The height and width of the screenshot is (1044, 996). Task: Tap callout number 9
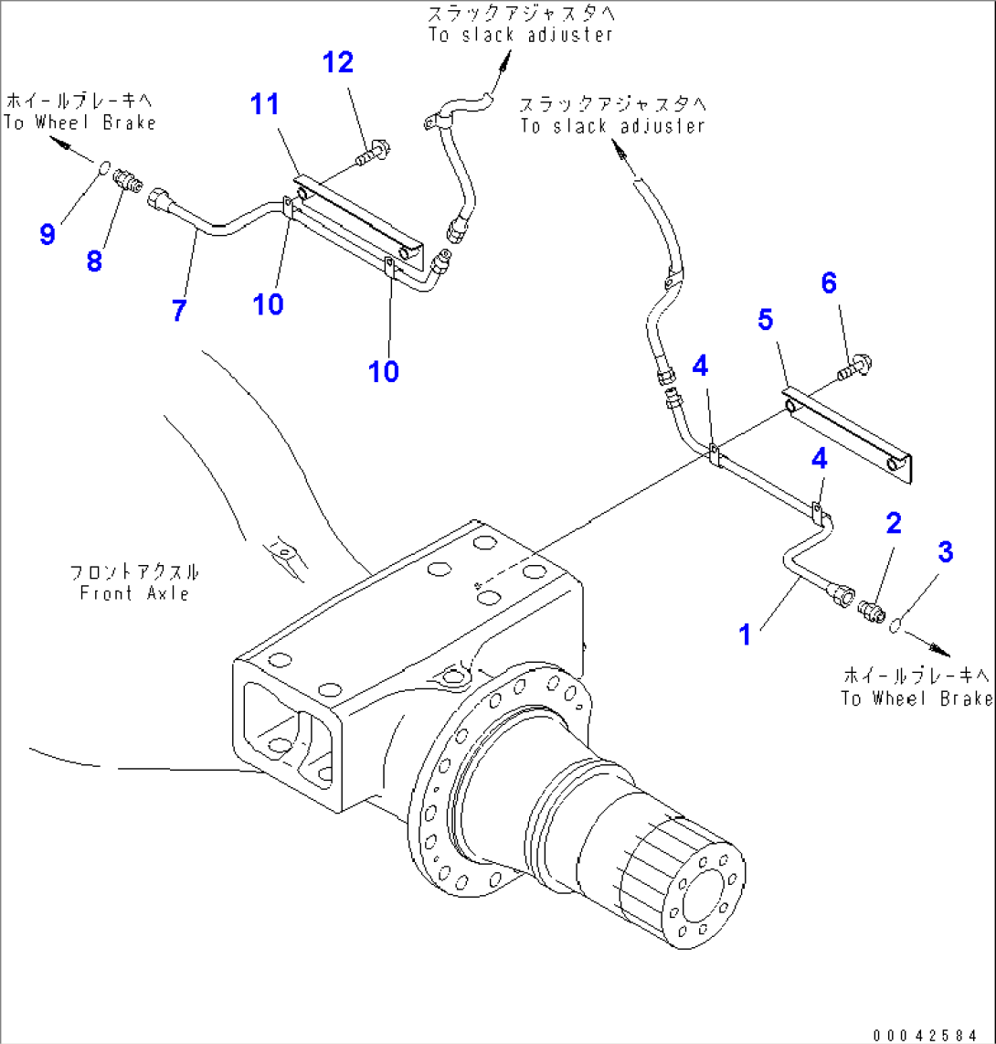coord(48,234)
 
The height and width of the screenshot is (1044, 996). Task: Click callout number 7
coord(179,311)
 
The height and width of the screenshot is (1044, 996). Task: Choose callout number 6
coord(828,283)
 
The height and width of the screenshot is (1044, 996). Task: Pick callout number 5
coord(765,320)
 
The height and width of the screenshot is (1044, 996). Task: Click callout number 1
coord(746,634)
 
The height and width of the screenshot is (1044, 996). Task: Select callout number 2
coord(893,523)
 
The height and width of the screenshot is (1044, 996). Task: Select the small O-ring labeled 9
coord(105,167)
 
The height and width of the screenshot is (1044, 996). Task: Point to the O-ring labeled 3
coord(897,626)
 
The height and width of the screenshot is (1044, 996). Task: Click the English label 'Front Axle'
coord(133,593)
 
